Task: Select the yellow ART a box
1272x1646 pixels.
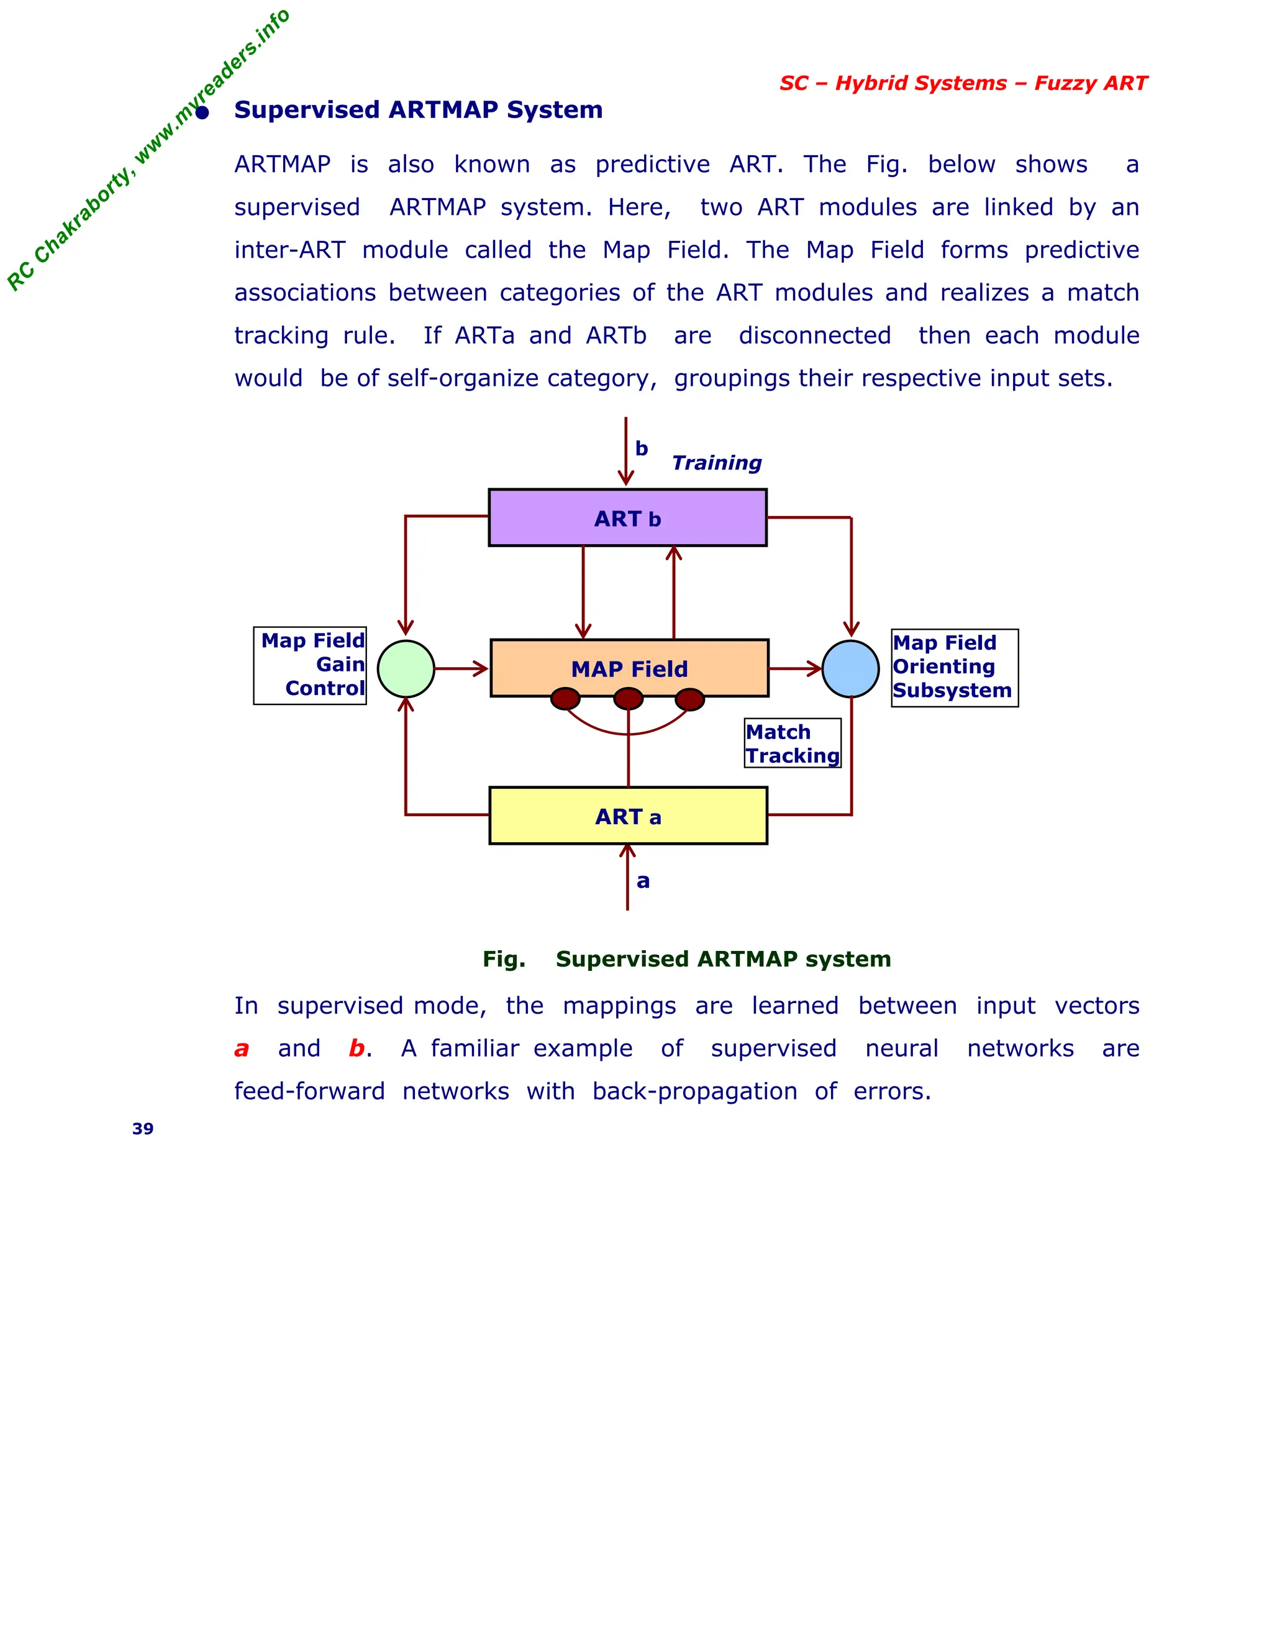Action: click(x=628, y=816)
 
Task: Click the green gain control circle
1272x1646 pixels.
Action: click(x=406, y=668)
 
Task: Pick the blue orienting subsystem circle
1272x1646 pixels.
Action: click(x=850, y=668)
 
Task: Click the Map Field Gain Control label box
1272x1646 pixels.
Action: click(x=310, y=665)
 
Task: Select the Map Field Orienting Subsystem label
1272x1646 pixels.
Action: click(x=954, y=668)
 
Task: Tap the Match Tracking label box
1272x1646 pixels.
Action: click(x=792, y=743)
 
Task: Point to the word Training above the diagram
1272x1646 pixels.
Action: click(x=716, y=463)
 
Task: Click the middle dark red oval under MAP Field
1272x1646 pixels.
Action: click(x=628, y=699)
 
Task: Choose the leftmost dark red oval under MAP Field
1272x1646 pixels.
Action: click(x=565, y=699)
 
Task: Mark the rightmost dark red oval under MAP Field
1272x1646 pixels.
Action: click(x=689, y=699)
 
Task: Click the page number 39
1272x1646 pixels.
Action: click(x=142, y=1128)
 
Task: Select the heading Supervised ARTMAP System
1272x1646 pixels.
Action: click(x=418, y=110)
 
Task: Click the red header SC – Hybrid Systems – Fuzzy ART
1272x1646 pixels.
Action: click(x=963, y=83)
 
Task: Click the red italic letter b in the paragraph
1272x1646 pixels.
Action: click(x=357, y=1048)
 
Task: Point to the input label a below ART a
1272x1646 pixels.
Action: click(x=643, y=881)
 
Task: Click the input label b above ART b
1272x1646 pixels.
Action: click(x=641, y=448)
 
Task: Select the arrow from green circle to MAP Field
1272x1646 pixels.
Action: click(x=461, y=668)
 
